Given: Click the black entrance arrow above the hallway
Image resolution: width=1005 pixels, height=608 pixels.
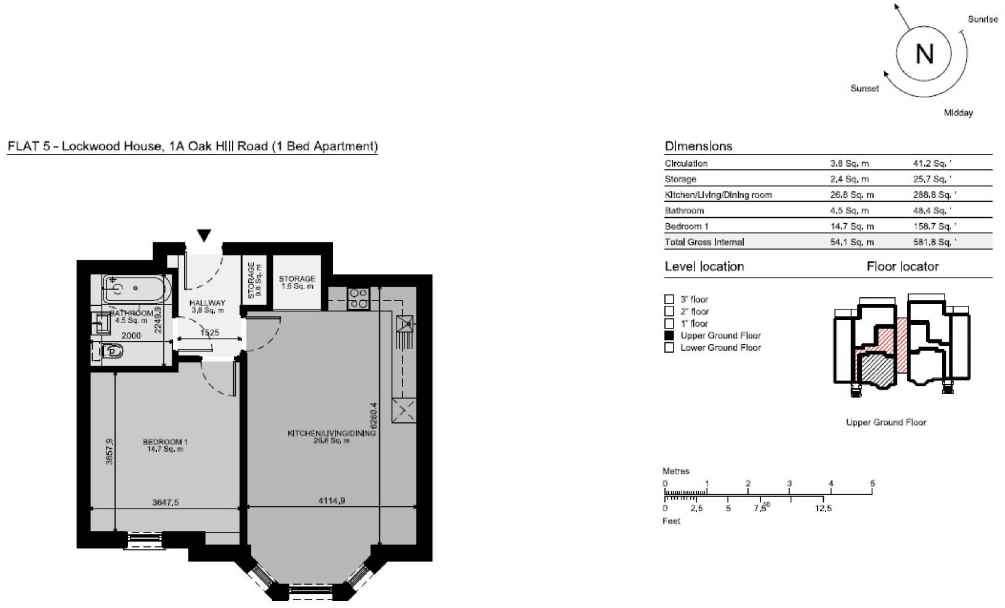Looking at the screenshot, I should (x=204, y=236).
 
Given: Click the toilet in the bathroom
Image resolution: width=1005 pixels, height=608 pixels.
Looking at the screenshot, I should (x=110, y=351).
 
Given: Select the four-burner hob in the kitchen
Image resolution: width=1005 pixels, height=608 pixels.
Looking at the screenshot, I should (x=358, y=298).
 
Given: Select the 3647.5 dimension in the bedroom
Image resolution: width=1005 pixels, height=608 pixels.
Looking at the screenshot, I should (x=165, y=503).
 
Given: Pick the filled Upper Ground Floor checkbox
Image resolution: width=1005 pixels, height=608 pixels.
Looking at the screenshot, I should (x=669, y=336).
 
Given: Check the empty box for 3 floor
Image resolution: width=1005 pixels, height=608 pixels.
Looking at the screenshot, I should (x=669, y=299).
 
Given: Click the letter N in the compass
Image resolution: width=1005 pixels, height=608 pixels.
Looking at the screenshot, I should (x=924, y=54).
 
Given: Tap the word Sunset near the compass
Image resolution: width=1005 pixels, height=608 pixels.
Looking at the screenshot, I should (x=864, y=89).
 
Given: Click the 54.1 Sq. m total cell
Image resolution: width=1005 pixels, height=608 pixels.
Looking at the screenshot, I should (x=851, y=242).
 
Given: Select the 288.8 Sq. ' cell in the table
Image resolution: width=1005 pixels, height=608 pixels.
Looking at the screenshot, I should (x=930, y=195).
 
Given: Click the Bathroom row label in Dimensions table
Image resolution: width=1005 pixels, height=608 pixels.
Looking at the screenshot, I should (x=684, y=211).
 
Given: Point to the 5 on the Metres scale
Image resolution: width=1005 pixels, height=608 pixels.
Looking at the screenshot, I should (x=872, y=484).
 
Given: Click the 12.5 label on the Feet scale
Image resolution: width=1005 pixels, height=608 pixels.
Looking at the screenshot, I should (x=823, y=508).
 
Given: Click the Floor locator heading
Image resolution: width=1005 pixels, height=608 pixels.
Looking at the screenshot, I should (x=902, y=266).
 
